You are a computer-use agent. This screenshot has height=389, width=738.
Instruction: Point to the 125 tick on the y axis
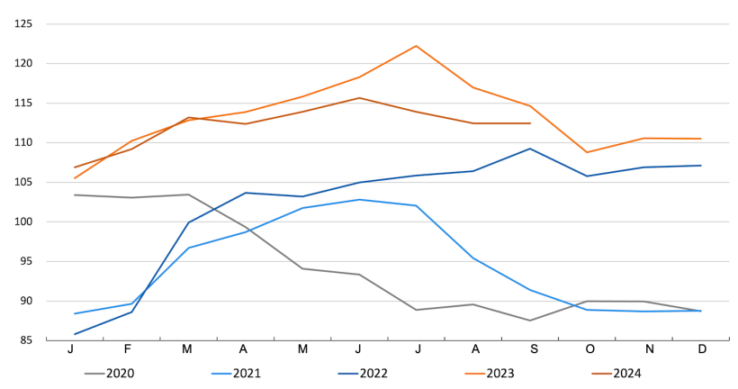click(x=22, y=23)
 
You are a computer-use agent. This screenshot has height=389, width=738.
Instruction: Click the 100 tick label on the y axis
click(x=22, y=222)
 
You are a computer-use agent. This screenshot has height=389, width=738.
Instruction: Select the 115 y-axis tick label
click(x=22, y=103)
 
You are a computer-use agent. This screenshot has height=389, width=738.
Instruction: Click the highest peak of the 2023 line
click(x=416, y=46)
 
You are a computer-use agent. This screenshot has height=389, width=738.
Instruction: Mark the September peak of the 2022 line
click(x=530, y=149)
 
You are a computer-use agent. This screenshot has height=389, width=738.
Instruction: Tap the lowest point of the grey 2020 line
click(x=530, y=321)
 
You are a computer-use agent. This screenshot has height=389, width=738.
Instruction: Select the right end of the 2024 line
click(x=530, y=123)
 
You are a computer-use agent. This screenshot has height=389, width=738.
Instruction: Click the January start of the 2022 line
click(x=75, y=334)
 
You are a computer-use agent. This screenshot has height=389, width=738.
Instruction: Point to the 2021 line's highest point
click(x=359, y=199)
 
